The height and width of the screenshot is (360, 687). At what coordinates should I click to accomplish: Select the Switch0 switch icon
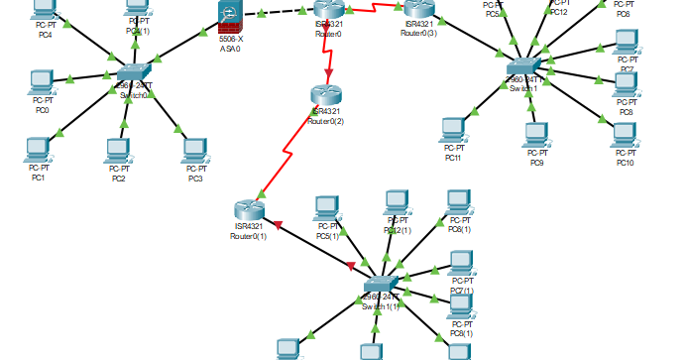[x=132, y=74]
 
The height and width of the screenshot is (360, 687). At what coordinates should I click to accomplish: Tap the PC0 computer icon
[x=41, y=81]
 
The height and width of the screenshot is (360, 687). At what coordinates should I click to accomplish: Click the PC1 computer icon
[x=38, y=150]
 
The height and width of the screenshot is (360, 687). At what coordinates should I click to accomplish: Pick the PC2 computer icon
[x=118, y=150]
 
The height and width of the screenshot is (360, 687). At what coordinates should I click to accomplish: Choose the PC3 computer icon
[x=194, y=150]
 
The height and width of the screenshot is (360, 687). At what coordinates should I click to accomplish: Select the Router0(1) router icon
[x=248, y=210]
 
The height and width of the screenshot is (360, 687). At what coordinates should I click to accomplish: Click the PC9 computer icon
[x=536, y=134]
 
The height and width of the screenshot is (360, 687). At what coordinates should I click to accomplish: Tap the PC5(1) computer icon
[x=327, y=208]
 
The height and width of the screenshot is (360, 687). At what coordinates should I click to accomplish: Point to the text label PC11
[x=453, y=158]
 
